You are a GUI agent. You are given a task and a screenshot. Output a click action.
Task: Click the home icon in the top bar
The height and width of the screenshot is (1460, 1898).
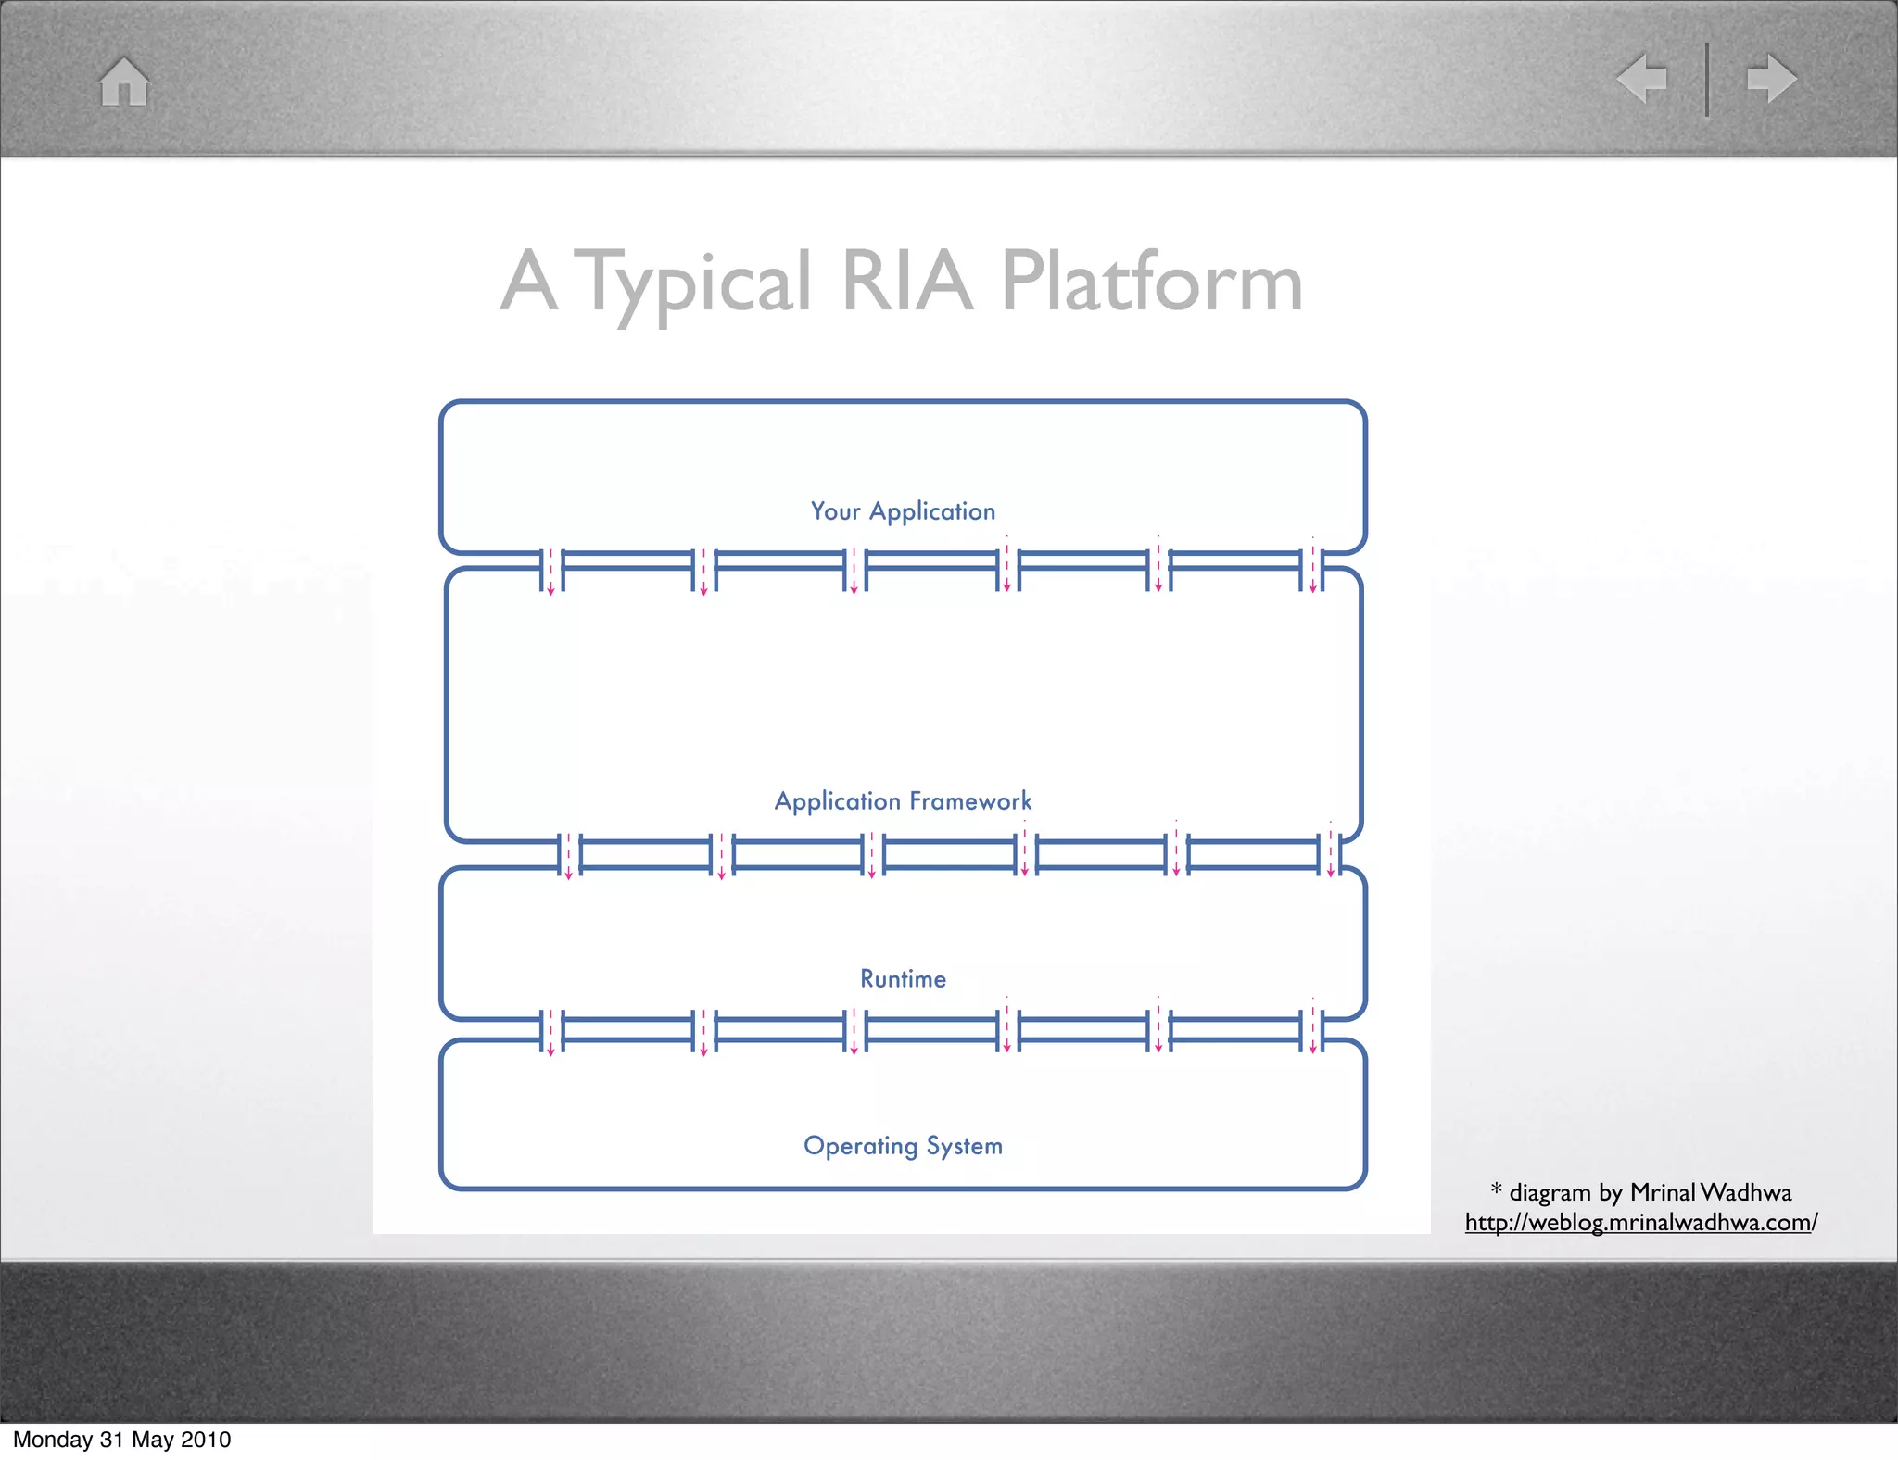click(x=124, y=82)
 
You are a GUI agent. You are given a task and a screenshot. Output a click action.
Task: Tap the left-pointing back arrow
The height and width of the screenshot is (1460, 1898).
click(x=1642, y=78)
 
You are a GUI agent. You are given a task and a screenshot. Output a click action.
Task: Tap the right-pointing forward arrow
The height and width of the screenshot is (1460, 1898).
click(x=1771, y=78)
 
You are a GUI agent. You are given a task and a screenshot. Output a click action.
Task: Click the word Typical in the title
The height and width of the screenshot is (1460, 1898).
click(x=696, y=283)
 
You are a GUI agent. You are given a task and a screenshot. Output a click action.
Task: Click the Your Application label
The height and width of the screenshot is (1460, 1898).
click(x=903, y=511)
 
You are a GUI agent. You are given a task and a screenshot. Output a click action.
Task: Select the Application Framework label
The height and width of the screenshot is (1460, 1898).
click(x=903, y=800)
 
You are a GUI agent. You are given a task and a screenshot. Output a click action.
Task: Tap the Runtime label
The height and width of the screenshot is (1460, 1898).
click(x=903, y=978)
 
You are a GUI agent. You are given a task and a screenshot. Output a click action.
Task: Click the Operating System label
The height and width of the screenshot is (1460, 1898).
click(x=903, y=1146)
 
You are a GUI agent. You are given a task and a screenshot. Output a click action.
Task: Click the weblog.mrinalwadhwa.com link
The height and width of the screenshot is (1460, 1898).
click(x=1640, y=1222)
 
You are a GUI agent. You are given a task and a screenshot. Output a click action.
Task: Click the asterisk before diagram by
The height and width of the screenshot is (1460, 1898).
click(x=1496, y=1189)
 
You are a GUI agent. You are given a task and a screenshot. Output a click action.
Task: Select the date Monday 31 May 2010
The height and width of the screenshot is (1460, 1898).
click(x=121, y=1439)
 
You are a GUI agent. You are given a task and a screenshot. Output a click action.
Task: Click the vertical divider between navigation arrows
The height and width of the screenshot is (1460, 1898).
click(x=1706, y=79)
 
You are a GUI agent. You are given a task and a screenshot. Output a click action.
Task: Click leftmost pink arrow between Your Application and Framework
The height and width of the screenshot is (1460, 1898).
click(x=550, y=571)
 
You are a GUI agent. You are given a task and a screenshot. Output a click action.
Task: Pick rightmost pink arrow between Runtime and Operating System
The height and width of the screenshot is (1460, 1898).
click(x=1312, y=1028)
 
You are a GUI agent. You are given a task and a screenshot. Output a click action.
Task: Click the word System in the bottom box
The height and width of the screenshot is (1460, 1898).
click(x=964, y=1146)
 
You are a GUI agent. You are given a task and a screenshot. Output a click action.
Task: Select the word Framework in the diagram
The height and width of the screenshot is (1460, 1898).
click(x=970, y=800)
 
